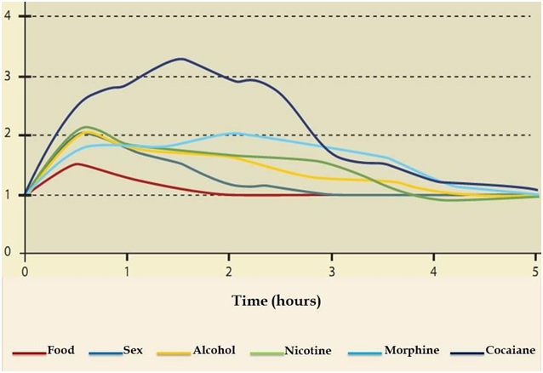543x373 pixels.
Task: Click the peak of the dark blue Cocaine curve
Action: (180, 59)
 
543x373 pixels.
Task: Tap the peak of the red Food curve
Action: (77, 164)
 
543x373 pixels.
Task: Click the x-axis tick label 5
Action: (536, 271)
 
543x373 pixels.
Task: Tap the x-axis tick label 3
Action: (332, 271)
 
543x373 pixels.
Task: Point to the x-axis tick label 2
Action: (229, 271)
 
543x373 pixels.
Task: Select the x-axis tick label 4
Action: (434, 271)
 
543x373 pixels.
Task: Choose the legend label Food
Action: (62, 350)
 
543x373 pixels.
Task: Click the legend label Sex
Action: (134, 350)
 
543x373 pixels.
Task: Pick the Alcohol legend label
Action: (214, 350)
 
